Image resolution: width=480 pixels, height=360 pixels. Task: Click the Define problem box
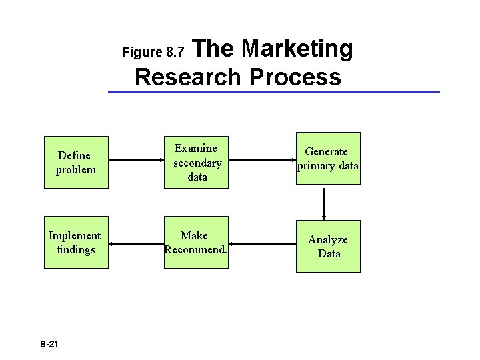(76, 162)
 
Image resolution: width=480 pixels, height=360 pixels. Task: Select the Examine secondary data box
(197, 162)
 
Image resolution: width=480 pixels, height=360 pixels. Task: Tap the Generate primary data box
(328, 159)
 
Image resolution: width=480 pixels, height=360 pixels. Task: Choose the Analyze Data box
(328, 246)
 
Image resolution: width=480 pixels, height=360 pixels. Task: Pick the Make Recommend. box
(196, 242)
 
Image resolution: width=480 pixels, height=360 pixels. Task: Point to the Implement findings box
(76, 242)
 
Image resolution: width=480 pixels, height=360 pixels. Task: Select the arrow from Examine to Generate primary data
(262, 161)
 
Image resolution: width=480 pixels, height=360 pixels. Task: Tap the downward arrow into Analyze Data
(324, 203)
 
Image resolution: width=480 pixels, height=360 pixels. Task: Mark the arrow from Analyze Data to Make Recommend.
(262, 243)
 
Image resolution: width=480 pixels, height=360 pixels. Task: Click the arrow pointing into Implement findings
(136, 243)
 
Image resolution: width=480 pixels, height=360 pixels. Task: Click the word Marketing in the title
(297, 49)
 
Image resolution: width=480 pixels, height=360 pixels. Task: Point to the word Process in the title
(295, 77)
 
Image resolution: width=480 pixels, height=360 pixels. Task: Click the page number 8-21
(49, 344)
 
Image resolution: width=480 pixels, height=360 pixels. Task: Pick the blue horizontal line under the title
(273, 91)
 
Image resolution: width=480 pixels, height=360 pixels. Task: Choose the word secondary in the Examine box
(197, 163)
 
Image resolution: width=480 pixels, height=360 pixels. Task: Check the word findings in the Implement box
(76, 249)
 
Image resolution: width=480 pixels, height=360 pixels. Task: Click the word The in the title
(217, 49)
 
